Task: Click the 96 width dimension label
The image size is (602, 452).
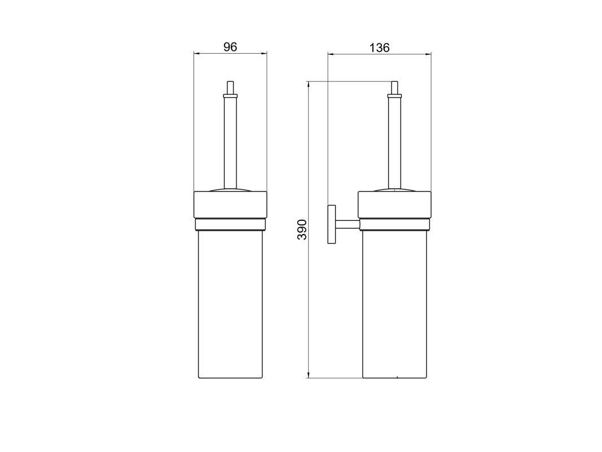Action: click(x=230, y=47)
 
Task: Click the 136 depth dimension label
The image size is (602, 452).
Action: click(x=379, y=47)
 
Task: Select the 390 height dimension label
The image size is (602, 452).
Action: click(x=302, y=229)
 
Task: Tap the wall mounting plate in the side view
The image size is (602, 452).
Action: click(x=331, y=224)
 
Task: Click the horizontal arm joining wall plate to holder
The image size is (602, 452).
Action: click(x=348, y=224)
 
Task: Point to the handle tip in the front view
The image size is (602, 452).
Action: click(x=230, y=88)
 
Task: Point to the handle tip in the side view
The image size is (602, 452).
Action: click(x=395, y=88)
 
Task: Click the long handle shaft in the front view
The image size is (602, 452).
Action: click(x=230, y=143)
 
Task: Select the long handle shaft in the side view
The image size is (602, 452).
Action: click(x=395, y=143)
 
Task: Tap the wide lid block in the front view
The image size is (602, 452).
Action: click(x=230, y=205)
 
